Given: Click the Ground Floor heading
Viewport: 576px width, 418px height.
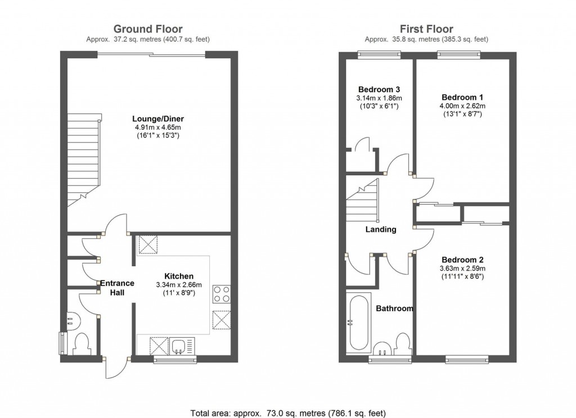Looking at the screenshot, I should (148, 29).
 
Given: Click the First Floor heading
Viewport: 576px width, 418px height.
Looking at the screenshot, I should (426, 29).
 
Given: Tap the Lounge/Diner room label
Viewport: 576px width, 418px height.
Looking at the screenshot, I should (158, 119).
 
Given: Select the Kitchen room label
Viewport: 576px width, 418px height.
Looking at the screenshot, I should (179, 276).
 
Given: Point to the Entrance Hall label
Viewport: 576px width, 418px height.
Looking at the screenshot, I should (117, 288).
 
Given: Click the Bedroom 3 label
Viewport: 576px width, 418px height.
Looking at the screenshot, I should (379, 89).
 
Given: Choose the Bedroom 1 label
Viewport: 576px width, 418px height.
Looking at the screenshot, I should (462, 97).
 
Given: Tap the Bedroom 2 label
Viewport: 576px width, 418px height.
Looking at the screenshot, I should (462, 260).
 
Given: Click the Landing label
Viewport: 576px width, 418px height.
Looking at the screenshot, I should (381, 229).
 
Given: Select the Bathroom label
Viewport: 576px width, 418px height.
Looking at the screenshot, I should (394, 308).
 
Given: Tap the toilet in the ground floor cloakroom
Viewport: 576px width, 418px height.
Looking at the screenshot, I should (82, 342).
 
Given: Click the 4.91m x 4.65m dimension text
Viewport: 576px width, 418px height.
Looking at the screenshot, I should (158, 128).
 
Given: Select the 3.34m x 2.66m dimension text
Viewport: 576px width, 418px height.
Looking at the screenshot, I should (179, 285).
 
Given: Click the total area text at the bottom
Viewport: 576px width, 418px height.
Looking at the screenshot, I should (288, 412).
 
